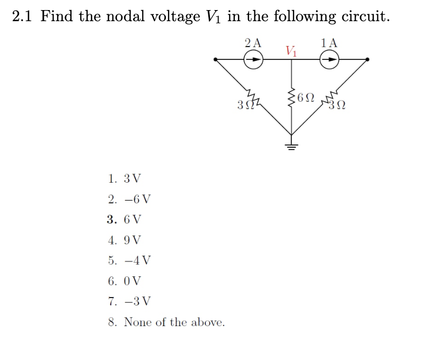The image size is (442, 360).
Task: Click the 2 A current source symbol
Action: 253,60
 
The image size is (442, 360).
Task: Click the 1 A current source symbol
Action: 330,60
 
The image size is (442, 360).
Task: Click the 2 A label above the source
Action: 253,43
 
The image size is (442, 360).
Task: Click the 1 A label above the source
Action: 329,43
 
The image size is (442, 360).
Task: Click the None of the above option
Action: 166,322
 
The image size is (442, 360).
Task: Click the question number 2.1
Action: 23,16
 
